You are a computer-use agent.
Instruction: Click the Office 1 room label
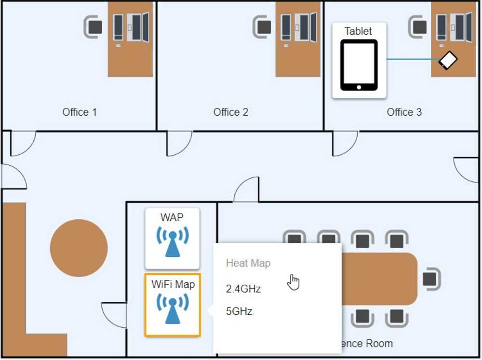pyautogui.click(x=80, y=112)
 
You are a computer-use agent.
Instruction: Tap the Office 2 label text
pyautogui.click(x=231, y=112)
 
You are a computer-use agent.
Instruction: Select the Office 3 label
pyautogui.click(x=404, y=112)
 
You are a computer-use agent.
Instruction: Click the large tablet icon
pyautogui.click(x=359, y=65)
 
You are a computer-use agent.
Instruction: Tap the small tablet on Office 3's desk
pyautogui.click(x=448, y=60)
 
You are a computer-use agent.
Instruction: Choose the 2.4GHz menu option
pyautogui.click(x=243, y=289)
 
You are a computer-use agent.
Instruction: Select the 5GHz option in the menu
pyautogui.click(x=239, y=311)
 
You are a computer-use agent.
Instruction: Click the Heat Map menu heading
pyautogui.click(x=248, y=263)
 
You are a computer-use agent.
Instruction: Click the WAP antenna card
pyautogui.click(x=172, y=239)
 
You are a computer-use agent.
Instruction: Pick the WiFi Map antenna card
pyautogui.click(x=173, y=305)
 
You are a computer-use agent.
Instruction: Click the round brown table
pyautogui.click(x=79, y=248)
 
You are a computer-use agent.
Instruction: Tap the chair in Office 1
pyautogui.click(x=94, y=27)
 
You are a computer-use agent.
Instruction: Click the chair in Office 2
pyautogui.click(x=263, y=27)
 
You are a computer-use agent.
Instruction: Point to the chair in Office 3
pyautogui.click(x=418, y=27)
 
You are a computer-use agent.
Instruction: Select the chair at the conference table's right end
pyautogui.click(x=430, y=279)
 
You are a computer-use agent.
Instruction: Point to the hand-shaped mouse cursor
pyautogui.click(x=293, y=282)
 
